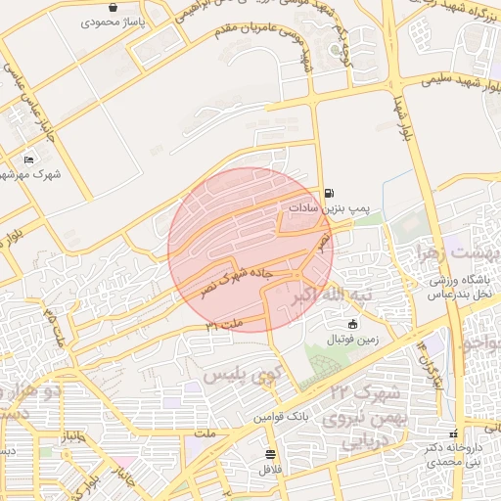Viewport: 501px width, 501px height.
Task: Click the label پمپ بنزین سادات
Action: pos(327,208)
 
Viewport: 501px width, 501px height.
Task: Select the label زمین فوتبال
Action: pos(351,340)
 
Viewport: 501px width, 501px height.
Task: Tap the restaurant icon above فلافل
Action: pos(270,455)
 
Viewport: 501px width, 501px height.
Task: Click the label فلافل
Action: pos(270,470)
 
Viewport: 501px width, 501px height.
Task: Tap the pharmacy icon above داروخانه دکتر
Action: pos(453,434)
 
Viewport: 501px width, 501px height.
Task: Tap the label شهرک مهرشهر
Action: pos(27,174)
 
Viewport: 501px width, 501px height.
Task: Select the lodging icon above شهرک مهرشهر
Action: pos(28,159)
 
